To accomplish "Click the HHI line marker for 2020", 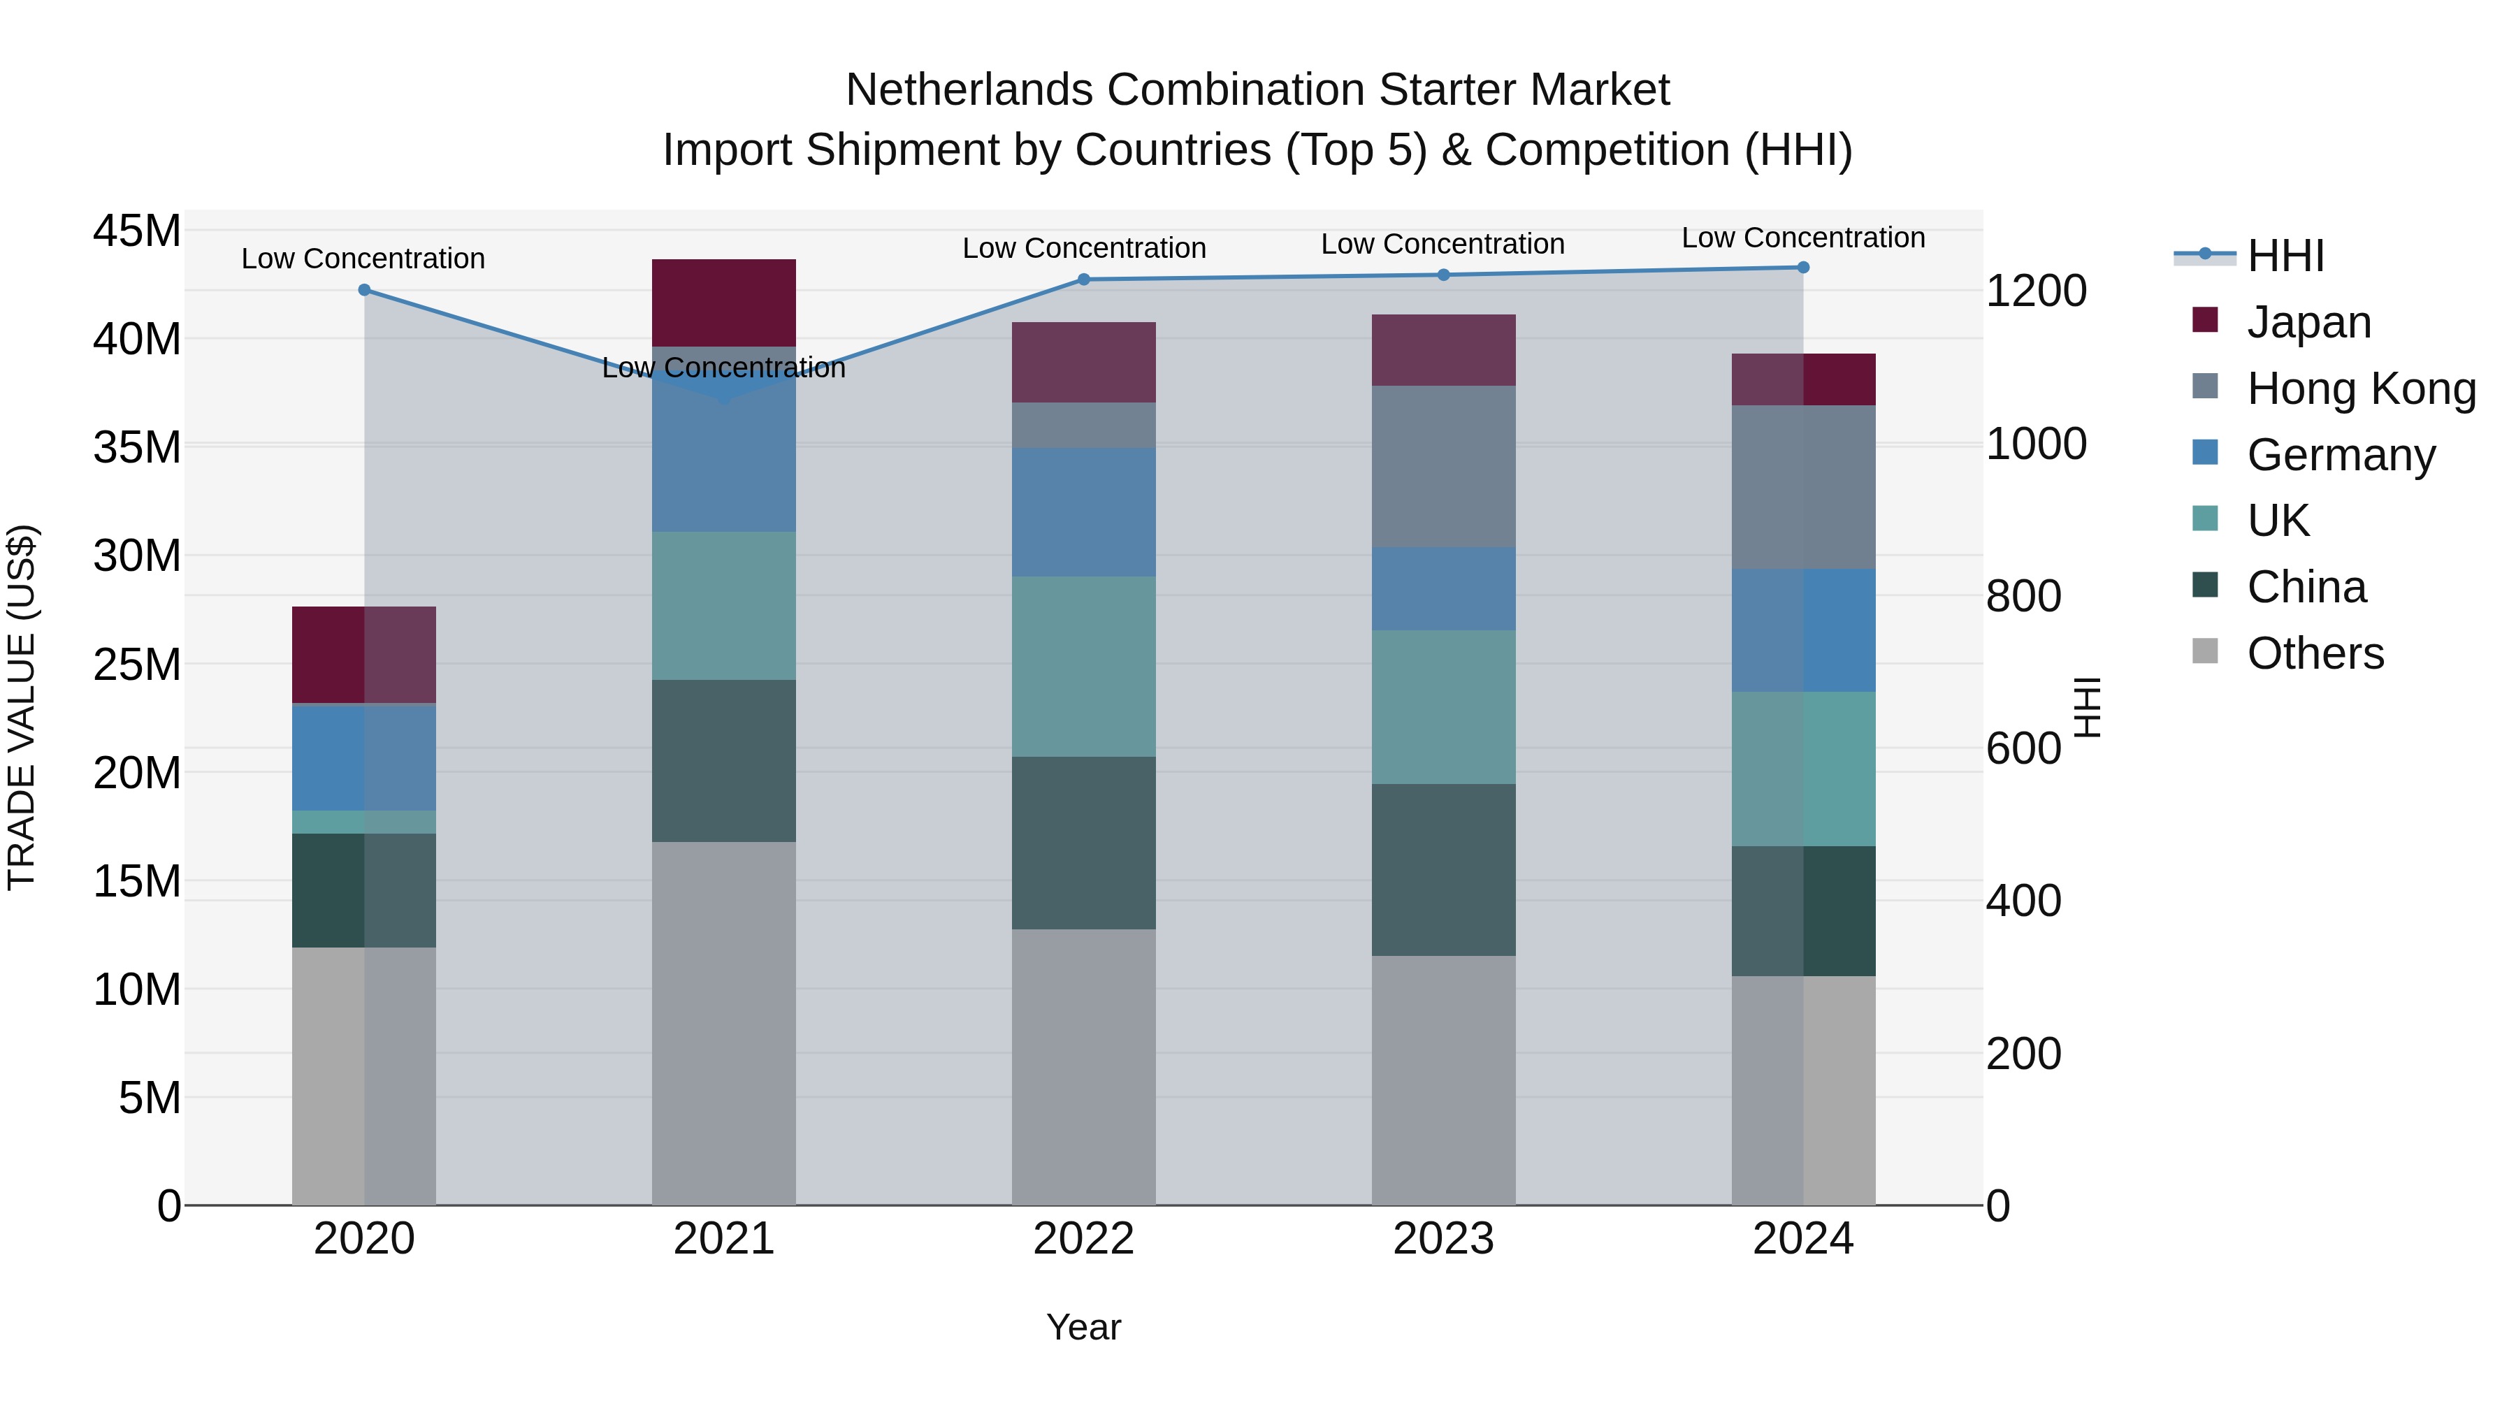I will click(x=364, y=290).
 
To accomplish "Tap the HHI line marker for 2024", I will click(x=1803, y=268).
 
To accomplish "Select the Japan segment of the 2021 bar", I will click(x=724, y=303).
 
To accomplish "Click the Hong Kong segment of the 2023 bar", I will click(x=1444, y=466).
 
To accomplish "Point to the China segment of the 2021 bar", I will click(x=724, y=761).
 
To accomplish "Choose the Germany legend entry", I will click(x=2339, y=455).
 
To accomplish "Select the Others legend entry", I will click(x=2314, y=653).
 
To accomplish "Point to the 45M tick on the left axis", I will click(x=137, y=231).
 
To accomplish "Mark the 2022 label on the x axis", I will click(x=1083, y=1239).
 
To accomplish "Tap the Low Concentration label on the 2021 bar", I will click(x=724, y=368).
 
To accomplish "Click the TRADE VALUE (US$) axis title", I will click(x=22, y=707).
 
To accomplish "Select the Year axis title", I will click(x=1083, y=1327).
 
